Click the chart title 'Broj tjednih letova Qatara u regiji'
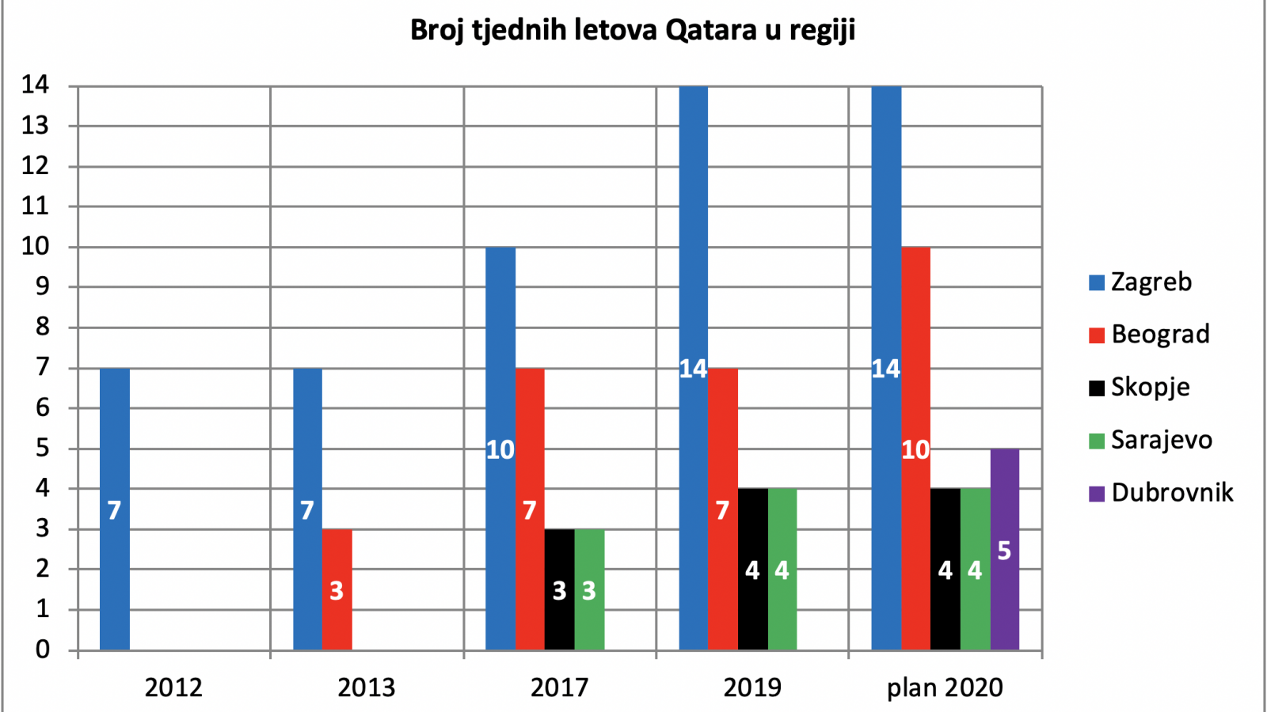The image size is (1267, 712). [x=633, y=31]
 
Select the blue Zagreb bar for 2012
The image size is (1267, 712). [x=115, y=509]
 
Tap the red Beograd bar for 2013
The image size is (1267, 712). [x=337, y=590]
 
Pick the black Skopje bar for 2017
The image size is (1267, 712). [x=559, y=590]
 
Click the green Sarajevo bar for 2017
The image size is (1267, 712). [x=589, y=590]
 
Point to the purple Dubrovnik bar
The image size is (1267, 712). [x=1005, y=549]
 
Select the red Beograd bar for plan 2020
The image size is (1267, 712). [x=915, y=449]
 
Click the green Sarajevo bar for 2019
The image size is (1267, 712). [x=782, y=570]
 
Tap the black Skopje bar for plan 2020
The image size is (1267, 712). [x=945, y=570]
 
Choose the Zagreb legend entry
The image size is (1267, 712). [x=1140, y=282]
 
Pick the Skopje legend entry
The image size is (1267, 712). [x=1140, y=388]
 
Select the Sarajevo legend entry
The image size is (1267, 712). [x=1151, y=440]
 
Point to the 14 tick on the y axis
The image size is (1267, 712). [x=35, y=85]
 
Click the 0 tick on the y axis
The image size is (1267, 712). [x=43, y=650]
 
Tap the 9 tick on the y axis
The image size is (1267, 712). [x=43, y=287]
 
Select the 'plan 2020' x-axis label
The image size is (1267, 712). [x=945, y=688]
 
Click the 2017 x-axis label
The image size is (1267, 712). [x=559, y=687]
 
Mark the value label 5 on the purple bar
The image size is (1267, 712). [x=1005, y=551]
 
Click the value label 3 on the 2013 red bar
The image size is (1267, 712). [x=337, y=591]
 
